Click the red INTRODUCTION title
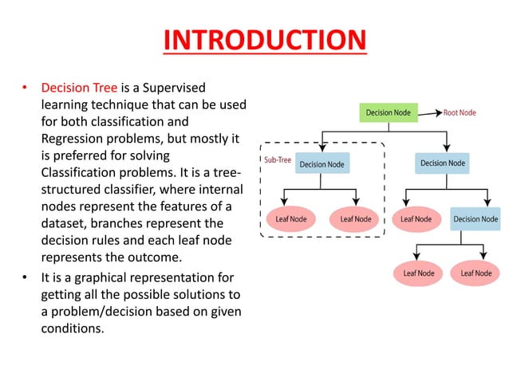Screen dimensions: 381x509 tap(264, 41)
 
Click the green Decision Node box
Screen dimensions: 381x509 tap(388, 113)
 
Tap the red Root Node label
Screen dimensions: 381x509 tap(460, 113)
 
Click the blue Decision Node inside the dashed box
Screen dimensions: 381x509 tap(322, 164)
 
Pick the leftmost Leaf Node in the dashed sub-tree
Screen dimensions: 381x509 tap(291, 219)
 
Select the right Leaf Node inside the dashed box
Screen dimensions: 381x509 tap(355, 219)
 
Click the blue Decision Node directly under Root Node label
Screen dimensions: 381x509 tap(443, 163)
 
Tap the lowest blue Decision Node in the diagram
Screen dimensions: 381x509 tap(475, 219)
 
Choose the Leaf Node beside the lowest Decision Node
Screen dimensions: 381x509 tap(416, 219)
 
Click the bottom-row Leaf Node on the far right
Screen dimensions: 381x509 tap(476, 273)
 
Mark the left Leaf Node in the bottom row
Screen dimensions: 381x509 tap(419, 273)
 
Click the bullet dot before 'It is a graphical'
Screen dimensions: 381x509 tap(26, 277)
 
